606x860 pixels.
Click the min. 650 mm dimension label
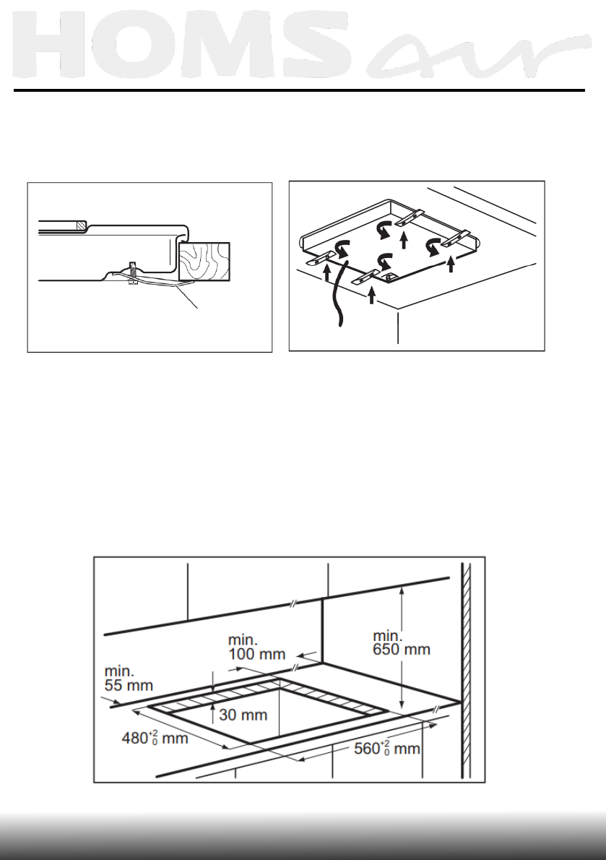[401, 642]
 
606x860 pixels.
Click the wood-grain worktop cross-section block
[204, 262]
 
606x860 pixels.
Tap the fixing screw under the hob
[131, 272]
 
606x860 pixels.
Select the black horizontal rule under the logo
[299, 91]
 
